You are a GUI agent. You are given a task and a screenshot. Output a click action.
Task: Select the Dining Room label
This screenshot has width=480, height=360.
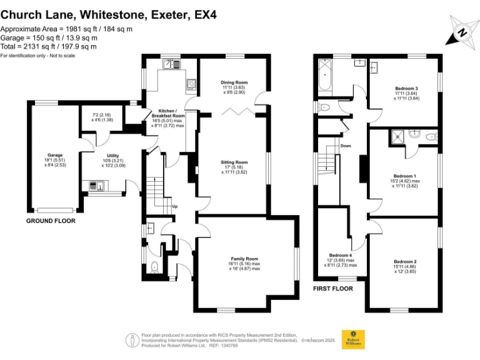tap(234, 82)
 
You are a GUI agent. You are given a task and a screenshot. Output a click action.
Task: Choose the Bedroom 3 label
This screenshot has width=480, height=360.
tap(406, 88)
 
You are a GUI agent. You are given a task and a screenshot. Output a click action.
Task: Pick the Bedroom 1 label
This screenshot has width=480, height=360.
tap(406, 176)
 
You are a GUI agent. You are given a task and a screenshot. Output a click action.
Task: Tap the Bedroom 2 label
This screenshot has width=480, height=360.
tap(405, 261)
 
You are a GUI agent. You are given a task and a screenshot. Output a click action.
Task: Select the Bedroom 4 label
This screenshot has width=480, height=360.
tap(341, 256)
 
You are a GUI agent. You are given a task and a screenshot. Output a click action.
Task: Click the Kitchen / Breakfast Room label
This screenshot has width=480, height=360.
tap(168, 112)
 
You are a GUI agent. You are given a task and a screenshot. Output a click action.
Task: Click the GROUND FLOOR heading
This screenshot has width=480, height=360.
tap(51, 221)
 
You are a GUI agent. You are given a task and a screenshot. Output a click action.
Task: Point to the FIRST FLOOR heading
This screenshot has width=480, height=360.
tap(333, 289)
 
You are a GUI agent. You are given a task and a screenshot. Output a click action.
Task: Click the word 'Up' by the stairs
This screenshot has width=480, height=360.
tap(175, 206)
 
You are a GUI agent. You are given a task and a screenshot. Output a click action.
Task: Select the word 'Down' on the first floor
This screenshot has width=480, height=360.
tap(346, 146)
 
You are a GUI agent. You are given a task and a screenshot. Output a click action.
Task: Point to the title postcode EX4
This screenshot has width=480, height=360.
tap(205, 13)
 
